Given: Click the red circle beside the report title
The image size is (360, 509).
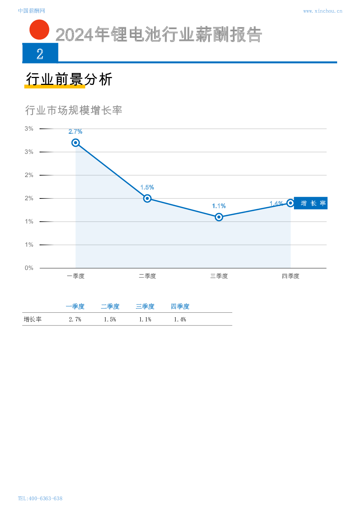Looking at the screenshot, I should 39,30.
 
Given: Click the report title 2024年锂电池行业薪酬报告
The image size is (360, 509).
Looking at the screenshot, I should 159,35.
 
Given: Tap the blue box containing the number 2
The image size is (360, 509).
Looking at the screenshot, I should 40,53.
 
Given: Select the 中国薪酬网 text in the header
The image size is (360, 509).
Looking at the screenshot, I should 32,11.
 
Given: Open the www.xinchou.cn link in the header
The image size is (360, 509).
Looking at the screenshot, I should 322,11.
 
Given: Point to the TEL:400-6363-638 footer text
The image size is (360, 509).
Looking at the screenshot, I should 40,498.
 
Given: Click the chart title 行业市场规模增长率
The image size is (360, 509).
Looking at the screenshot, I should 74,110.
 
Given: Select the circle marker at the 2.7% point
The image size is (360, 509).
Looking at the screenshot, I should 75,143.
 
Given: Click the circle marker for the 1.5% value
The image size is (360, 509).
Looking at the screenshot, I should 147,198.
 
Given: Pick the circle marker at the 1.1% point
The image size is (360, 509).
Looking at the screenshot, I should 219,217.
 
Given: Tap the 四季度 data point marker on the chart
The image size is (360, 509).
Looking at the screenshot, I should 290,203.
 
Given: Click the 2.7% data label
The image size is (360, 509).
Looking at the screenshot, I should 75,132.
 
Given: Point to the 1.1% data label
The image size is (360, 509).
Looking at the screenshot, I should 219,206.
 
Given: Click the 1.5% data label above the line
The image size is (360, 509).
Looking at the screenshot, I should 147,187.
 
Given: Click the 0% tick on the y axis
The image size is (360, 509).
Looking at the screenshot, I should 29,268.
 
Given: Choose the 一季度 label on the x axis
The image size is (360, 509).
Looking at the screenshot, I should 75,276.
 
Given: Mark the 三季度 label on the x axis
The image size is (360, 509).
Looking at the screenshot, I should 219,276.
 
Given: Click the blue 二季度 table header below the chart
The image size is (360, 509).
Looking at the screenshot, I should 110,307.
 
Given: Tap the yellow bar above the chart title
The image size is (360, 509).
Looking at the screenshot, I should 55,86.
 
